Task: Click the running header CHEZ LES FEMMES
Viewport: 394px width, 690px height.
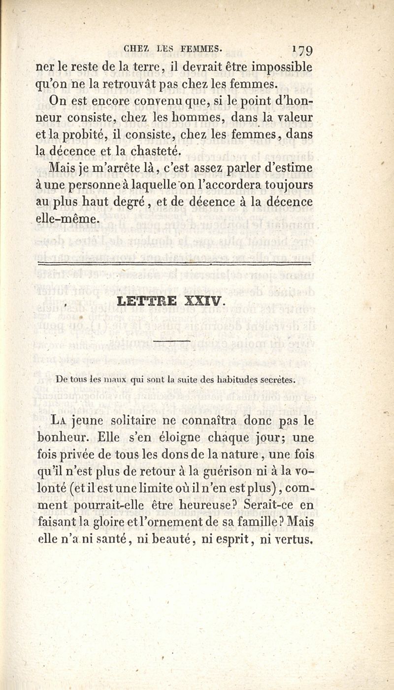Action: click(173, 48)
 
